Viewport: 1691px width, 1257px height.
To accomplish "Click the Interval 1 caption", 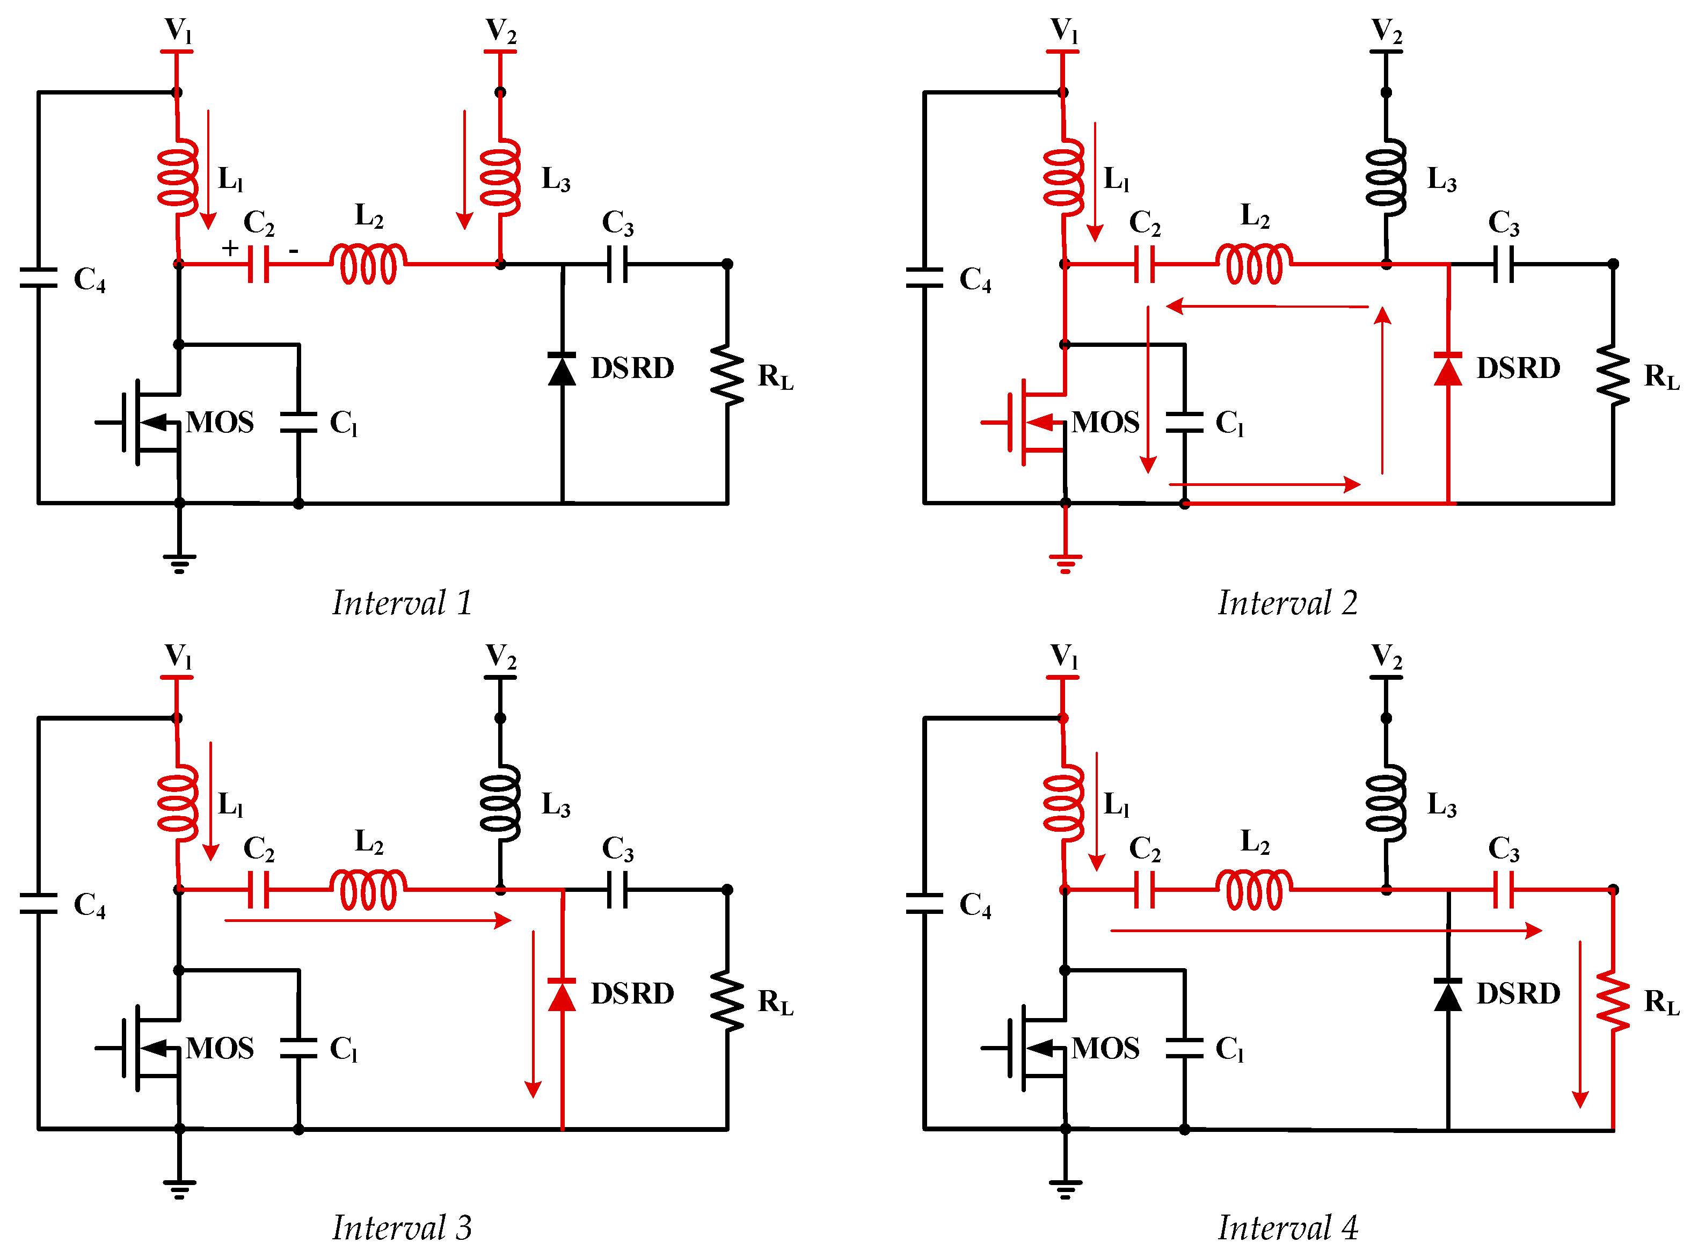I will [x=402, y=604].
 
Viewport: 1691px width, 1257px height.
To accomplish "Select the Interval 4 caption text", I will [x=1287, y=1227].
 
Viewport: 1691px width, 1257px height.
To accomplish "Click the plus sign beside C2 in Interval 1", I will [x=230, y=248].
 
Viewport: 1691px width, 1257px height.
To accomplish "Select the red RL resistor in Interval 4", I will [x=1613, y=1000].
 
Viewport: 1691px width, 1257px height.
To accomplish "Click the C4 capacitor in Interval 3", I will [x=38, y=904].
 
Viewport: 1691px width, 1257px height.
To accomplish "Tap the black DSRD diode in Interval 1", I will [x=562, y=369].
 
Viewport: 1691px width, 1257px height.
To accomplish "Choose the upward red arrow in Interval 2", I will [x=1382, y=388].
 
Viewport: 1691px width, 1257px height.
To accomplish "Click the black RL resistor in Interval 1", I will [x=727, y=375].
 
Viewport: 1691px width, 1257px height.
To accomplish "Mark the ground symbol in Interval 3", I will [x=179, y=1187].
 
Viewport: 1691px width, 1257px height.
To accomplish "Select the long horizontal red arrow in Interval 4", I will [x=1324, y=931].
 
